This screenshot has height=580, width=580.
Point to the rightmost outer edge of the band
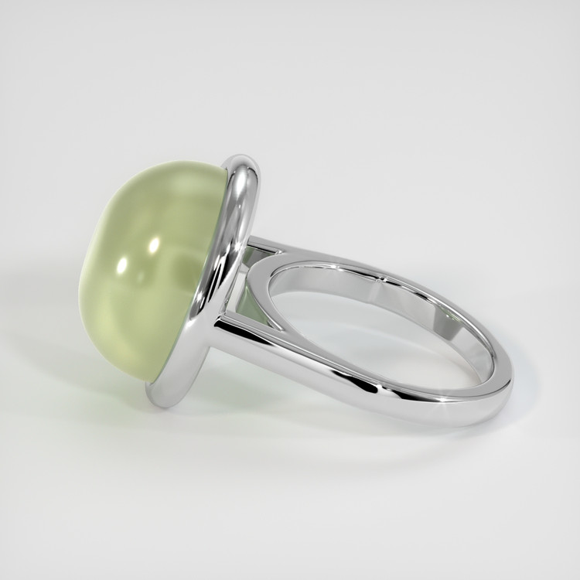coord(510,379)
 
